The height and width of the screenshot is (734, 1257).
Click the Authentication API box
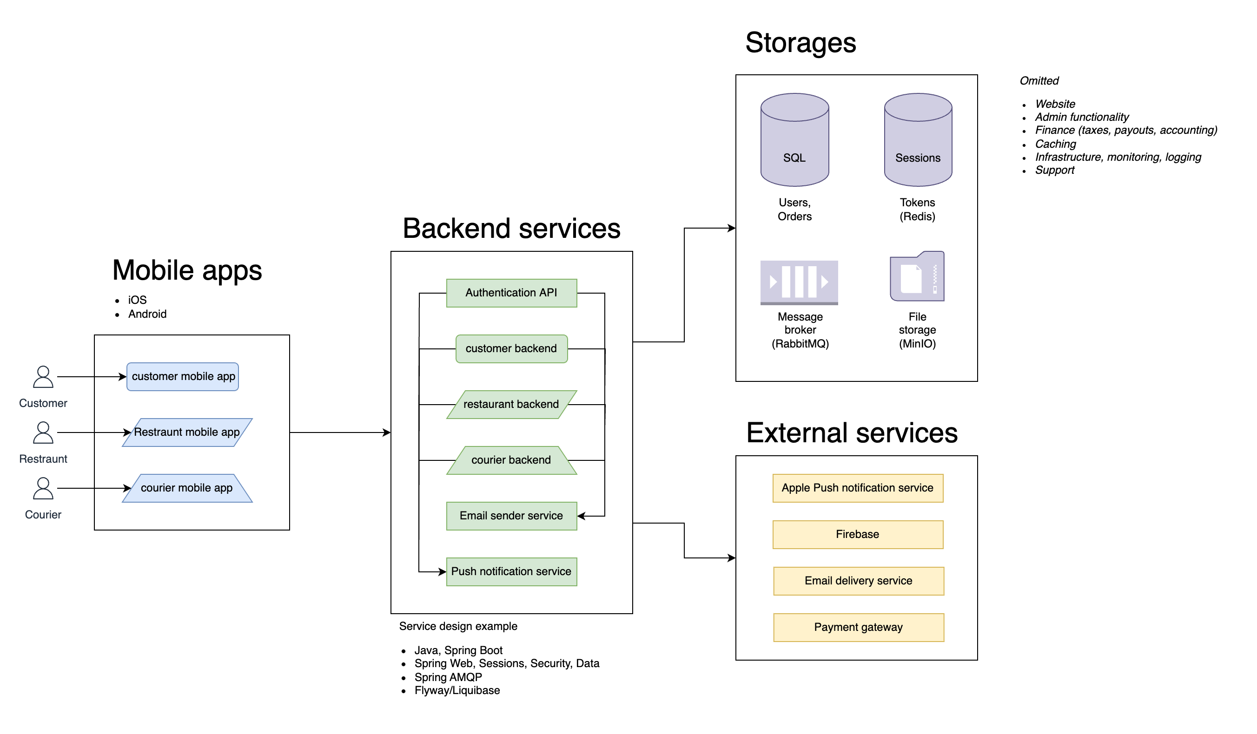click(x=511, y=293)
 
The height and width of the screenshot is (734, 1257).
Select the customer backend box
click(x=511, y=348)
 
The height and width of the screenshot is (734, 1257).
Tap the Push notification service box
click(x=511, y=571)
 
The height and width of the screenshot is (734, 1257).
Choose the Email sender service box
click(x=511, y=516)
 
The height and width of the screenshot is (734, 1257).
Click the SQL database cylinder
click(x=794, y=140)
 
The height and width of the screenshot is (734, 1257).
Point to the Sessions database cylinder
click(x=918, y=140)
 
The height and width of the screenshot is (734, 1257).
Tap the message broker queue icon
click(x=799, y=282)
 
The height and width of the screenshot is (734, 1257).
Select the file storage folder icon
click(x=917, y=276)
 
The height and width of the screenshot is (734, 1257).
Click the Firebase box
click(x=858, y=535)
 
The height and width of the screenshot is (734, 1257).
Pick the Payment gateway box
click(x=859, y=627)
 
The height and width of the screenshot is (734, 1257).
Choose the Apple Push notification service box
click(x=858, y=488)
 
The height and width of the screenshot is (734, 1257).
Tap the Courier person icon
click(x=43, y=488)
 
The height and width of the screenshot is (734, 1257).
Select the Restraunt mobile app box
click(x=187, y=433)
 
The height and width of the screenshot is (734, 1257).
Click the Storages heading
click(x=801, y=43)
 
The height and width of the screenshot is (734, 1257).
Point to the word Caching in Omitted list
click(x=1056, y=144)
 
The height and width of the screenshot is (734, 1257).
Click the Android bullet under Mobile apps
click(x=147, y=314)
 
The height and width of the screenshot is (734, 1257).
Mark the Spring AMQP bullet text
click(x=448, y=677)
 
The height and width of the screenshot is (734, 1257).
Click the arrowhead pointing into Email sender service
click(x=581, y=516)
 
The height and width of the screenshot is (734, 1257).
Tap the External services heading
click(x=852, y=433)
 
